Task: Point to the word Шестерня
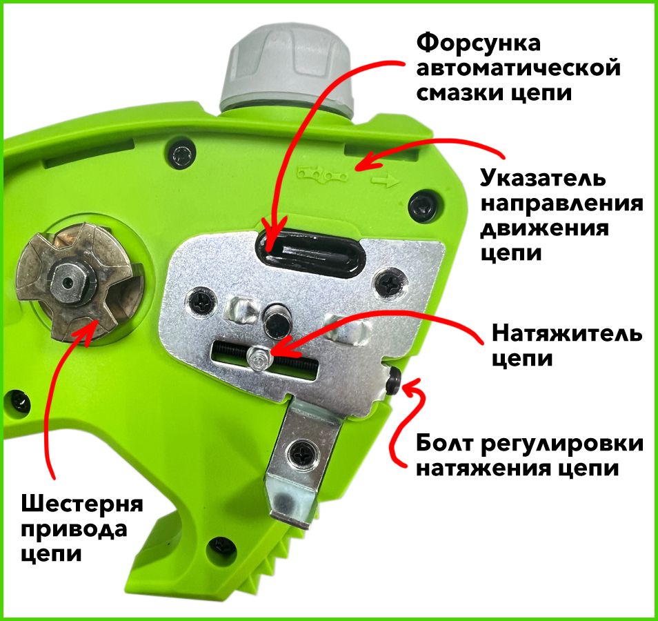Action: coord(82,504)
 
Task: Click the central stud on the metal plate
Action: coord(277,319)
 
